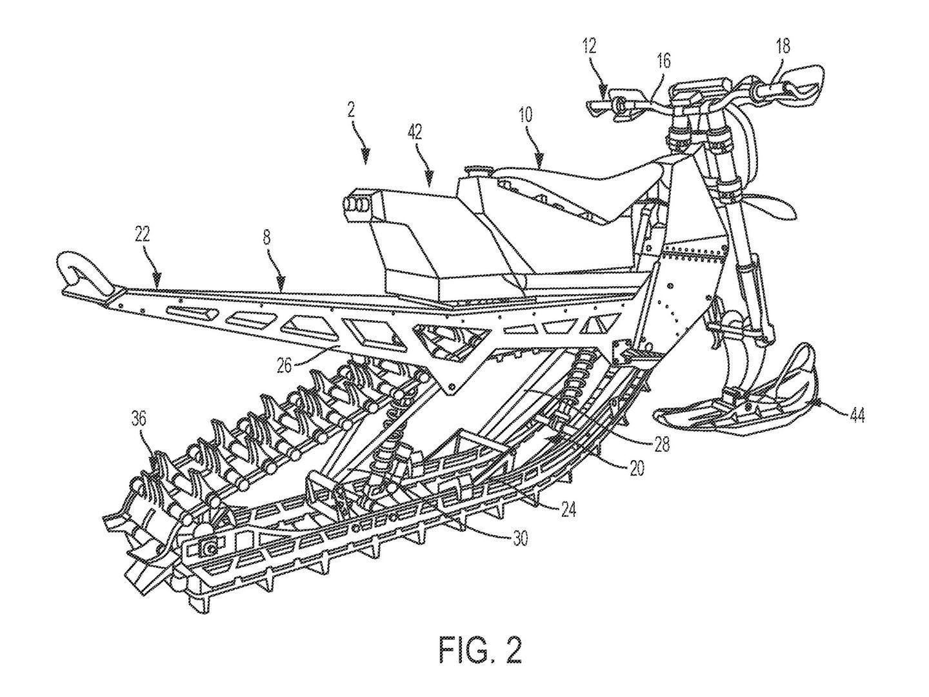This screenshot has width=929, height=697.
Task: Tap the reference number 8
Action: coord(266,237)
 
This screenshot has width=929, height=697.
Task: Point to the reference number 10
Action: coord(526,115)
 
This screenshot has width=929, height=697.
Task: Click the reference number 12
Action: coord(590,46)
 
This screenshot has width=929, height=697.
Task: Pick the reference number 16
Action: coord(664,61)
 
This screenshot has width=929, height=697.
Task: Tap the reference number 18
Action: coord(783,46)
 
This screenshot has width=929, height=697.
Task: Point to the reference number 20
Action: coord(636,469)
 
